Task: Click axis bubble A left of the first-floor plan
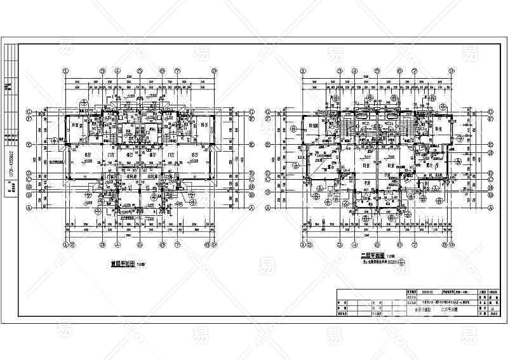click(29, 208)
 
